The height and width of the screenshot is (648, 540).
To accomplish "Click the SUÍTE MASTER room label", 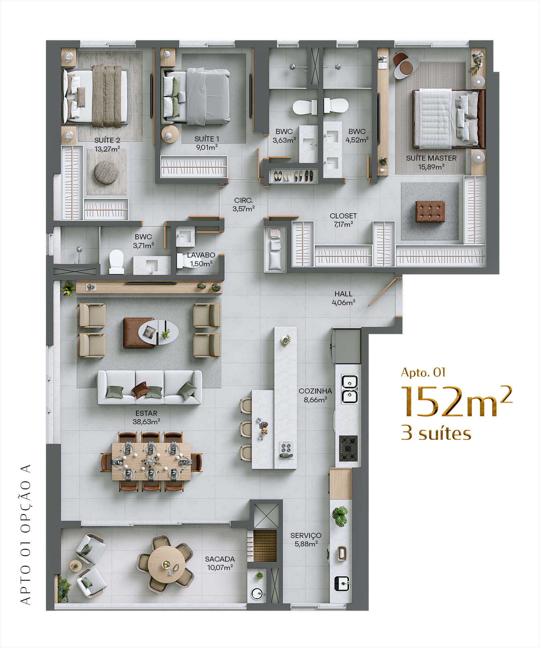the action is pos(431,158).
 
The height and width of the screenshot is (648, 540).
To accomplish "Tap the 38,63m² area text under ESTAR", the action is pos(146,422).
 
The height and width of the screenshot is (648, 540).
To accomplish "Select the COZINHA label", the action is pos(315,391).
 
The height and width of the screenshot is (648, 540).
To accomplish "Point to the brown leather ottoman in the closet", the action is pos(430,211).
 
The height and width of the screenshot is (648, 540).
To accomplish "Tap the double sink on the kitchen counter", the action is pos(350,389).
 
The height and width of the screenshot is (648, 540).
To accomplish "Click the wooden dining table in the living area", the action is pos(151,461).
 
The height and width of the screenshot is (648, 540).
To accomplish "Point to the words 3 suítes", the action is pos(436,433).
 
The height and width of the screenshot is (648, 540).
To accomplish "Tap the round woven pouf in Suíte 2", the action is pos(106,172).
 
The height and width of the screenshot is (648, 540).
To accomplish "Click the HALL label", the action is pos(343,294).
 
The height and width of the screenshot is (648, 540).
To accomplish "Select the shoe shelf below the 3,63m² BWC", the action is pos(293,176).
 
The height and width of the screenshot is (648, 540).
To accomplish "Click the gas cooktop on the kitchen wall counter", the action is pos(348,448).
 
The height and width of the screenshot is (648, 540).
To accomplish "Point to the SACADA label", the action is pos(220,559).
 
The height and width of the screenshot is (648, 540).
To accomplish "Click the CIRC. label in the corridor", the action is pos(243,200).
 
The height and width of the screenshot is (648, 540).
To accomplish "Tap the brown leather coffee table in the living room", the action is pos(139,333).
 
